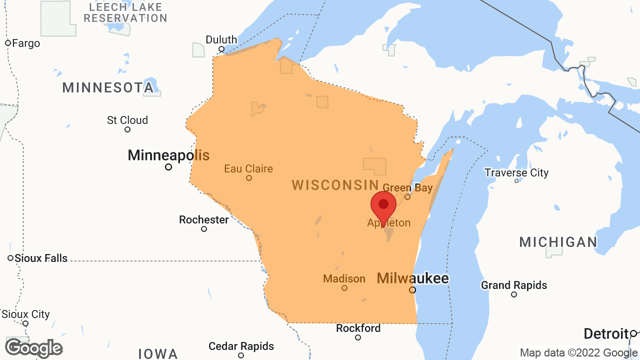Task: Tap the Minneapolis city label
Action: point(168,155)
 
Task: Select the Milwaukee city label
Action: point(412,278)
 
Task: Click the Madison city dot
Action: point(344,288)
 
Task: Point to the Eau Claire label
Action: point(248,168)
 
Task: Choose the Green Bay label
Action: point(407,188)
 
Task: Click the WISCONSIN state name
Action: point(335,185)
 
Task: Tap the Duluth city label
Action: point(221,39)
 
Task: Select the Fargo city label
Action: point(25,43)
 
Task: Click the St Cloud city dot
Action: point(127,129)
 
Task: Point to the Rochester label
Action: point(204,219)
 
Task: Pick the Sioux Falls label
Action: point(41,258)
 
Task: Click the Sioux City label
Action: point(25,314)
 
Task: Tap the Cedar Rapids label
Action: point(241,346)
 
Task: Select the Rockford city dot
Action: point(358,337)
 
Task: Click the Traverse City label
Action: point(516,172)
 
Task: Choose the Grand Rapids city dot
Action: point(514,294)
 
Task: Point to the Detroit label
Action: point(606,333)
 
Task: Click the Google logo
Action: point(33,348)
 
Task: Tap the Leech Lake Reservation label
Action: point(125,12)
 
